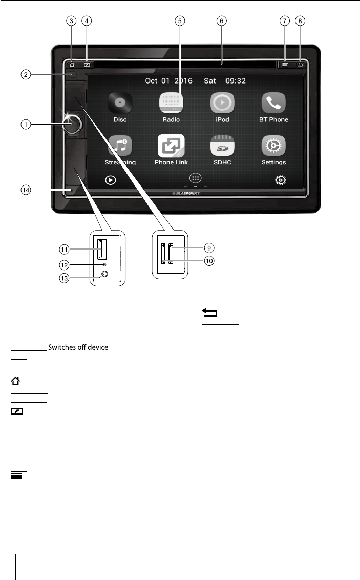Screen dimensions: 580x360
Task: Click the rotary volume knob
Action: coord(73,123)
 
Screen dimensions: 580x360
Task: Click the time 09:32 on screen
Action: coord(237,80)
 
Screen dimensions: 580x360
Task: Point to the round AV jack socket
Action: coord(104,274)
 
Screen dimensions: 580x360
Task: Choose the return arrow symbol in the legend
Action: coord(210,313)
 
